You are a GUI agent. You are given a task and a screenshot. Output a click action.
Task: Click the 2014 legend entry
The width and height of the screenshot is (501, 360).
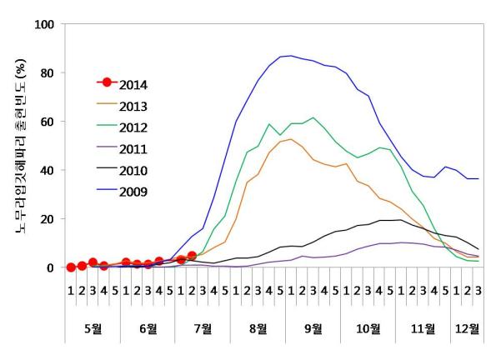134,83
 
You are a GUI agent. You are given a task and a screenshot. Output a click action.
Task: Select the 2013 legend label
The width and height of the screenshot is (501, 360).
134,106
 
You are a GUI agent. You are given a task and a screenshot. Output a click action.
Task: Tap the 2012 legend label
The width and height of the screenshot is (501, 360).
134,127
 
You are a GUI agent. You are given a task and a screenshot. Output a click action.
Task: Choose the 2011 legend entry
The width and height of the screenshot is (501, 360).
134,149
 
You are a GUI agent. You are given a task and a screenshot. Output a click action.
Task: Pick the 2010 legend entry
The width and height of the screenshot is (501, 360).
134,171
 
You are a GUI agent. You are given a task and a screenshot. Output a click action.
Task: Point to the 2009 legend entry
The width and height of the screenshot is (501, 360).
134,192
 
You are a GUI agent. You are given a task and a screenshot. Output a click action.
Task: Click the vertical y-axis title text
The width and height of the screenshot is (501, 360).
18,146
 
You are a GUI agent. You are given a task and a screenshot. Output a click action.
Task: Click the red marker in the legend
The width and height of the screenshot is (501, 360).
107,83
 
